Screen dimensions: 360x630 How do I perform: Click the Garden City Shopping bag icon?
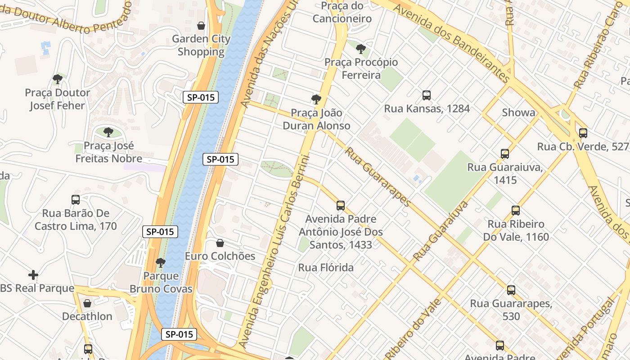201,26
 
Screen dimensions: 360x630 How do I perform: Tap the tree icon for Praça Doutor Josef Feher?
57,79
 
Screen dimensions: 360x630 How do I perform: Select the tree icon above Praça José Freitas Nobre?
108,132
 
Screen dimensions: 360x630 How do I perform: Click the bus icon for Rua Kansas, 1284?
427,95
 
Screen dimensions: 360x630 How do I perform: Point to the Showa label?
518,112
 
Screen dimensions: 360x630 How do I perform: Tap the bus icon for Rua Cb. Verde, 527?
583,133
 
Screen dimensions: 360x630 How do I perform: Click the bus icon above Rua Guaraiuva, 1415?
505,154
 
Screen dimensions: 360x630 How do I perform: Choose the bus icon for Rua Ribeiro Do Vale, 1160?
516,211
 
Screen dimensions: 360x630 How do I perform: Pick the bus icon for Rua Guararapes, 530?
511,290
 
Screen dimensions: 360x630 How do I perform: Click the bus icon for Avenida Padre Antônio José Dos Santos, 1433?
341,206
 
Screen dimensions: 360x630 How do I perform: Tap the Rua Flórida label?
326,268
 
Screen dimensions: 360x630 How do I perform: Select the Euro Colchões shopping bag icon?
220,243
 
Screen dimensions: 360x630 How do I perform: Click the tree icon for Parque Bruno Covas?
161,262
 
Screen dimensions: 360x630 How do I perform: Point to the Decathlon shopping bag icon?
87,303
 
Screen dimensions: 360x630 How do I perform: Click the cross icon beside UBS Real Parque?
33,275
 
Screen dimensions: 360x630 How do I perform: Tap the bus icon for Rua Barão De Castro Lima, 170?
76,200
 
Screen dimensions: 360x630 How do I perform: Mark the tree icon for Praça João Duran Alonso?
316,99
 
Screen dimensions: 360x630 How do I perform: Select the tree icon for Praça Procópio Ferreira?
360,49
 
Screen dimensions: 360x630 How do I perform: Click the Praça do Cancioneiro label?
342,12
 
